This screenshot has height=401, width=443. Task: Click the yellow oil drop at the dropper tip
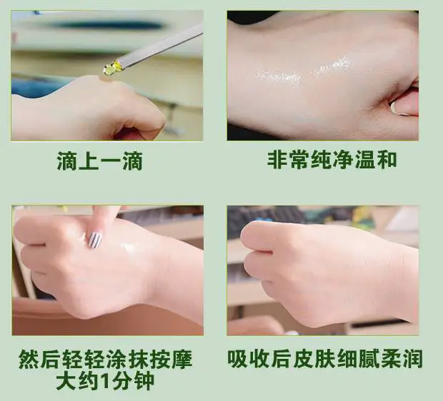tap(109, 69)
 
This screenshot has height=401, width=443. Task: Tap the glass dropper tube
tap(159, 45)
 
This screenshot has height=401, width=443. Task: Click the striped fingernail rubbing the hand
tap(95, 241)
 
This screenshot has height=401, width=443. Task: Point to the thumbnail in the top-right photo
tap(399, 108)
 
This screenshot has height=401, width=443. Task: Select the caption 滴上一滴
tap(99, 161)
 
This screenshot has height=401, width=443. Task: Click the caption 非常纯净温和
tap(332, 160)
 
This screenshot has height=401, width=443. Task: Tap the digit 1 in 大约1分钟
tap(105, 381)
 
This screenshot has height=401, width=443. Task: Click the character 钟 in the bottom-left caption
tap(144, 381)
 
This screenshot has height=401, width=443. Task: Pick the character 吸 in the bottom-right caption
tap(238, 359)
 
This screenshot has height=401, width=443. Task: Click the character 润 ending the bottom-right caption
tap(412, 359)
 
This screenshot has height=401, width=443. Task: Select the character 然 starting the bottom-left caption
tap(29, 359)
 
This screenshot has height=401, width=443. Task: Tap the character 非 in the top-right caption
tap(277, 160)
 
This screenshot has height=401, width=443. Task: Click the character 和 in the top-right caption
tap(387, 160)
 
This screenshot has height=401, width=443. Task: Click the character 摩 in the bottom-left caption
tap(182, 359)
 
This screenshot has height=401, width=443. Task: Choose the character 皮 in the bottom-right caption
tap(303, 359)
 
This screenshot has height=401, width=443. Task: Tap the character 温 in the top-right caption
tap(364, 160)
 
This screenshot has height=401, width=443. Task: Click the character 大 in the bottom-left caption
tap(66, 381)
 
